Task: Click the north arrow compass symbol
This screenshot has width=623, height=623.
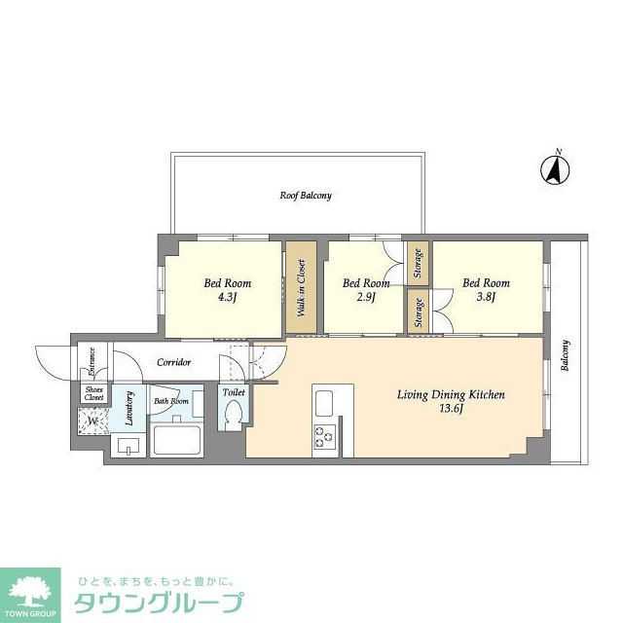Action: tap(555, 169)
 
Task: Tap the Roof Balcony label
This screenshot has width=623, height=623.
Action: tap(306, 196)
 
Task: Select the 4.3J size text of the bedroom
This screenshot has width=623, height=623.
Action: tap(227, 298)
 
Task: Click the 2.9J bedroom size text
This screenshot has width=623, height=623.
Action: tap(366, 298)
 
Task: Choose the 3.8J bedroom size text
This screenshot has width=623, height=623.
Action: tap(486, 298)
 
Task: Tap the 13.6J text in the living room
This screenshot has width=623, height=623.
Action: tap(451, 410)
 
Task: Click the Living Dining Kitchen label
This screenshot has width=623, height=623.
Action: tap(450, 394)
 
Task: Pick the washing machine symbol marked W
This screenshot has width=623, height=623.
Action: tap(93, 421)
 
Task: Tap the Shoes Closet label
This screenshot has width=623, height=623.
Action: tap(93, 393)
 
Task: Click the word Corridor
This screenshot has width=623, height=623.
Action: tap(173, 363)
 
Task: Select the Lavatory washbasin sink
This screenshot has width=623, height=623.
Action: tap(128, 447)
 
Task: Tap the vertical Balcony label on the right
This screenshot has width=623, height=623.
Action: tap(565, 355)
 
